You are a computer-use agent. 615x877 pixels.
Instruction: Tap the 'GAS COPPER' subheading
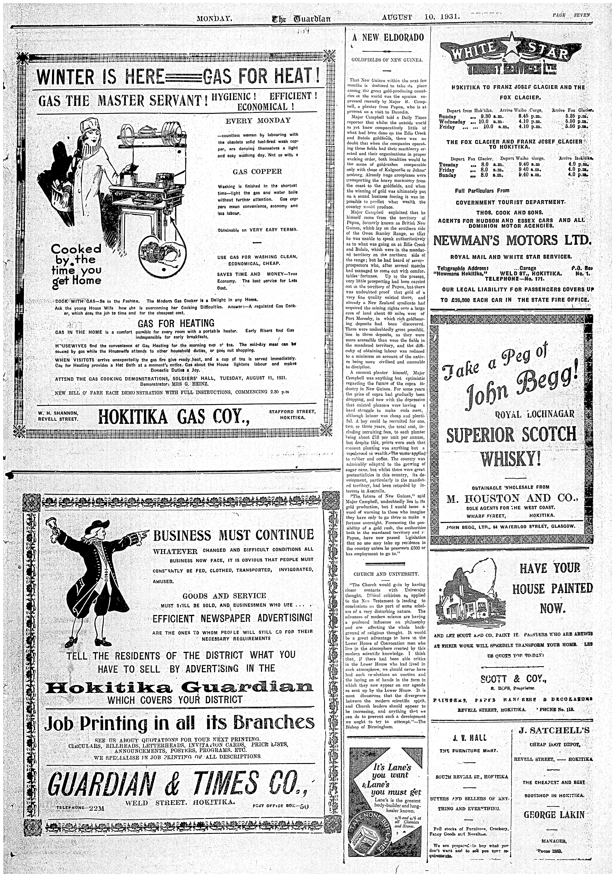click(257, 171)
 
